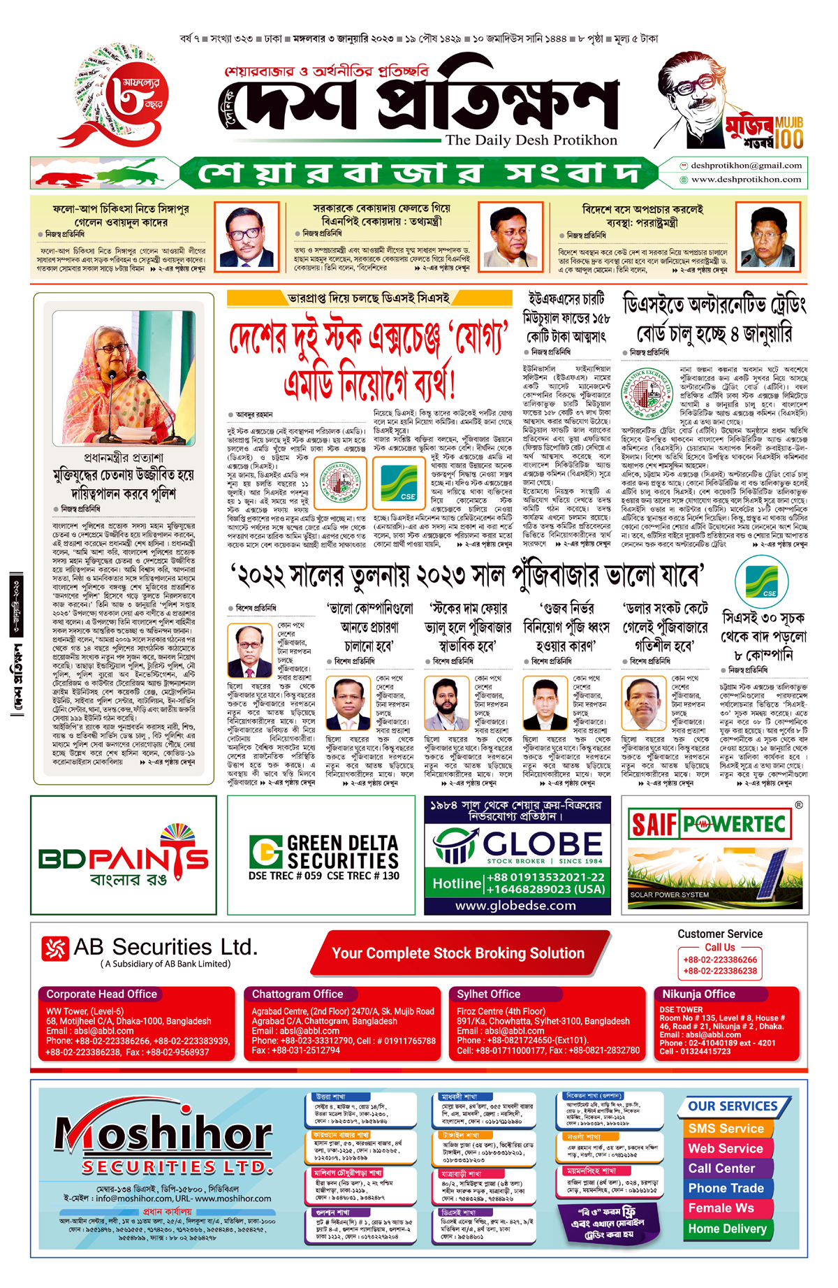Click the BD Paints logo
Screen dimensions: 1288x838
point(124,855)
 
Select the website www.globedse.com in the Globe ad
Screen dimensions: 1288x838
point(515,906)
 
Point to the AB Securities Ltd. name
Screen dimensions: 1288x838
point(166,948)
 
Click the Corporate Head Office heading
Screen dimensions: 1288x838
point(101,994)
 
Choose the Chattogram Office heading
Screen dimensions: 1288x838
point(297,994)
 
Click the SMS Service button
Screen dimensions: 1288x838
point(726,1129)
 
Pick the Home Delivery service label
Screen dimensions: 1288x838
point(727,1229)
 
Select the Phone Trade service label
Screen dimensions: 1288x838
point(726,1188)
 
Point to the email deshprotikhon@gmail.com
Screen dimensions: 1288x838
point(746,166)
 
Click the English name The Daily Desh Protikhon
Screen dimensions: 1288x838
point(531,140)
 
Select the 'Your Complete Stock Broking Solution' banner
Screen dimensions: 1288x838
point(458,953)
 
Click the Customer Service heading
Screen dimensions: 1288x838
point(720,934)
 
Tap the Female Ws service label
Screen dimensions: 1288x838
point(721,1208)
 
